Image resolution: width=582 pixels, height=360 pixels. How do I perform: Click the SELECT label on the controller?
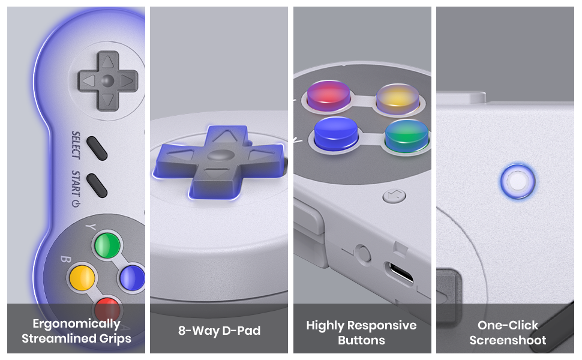76,145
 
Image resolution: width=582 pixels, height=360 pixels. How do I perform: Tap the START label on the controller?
76,184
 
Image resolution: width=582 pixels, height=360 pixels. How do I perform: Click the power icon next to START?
76,203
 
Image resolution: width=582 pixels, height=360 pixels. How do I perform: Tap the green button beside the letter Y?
107,245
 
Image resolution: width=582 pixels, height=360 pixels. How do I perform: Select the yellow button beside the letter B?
82,278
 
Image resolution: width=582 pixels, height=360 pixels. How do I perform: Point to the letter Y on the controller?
91,226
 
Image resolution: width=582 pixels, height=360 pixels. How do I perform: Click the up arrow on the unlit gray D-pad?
107,62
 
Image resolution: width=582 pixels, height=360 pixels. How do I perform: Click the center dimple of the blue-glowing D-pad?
220,155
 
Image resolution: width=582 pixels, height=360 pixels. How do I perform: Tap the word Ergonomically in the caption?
76,324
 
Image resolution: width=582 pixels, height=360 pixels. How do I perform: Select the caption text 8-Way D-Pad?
219,331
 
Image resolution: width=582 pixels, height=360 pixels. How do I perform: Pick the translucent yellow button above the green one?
398,98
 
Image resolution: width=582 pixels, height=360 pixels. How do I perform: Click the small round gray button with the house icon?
394,196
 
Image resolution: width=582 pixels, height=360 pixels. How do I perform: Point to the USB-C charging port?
400,273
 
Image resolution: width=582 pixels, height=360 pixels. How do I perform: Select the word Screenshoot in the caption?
508,340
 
